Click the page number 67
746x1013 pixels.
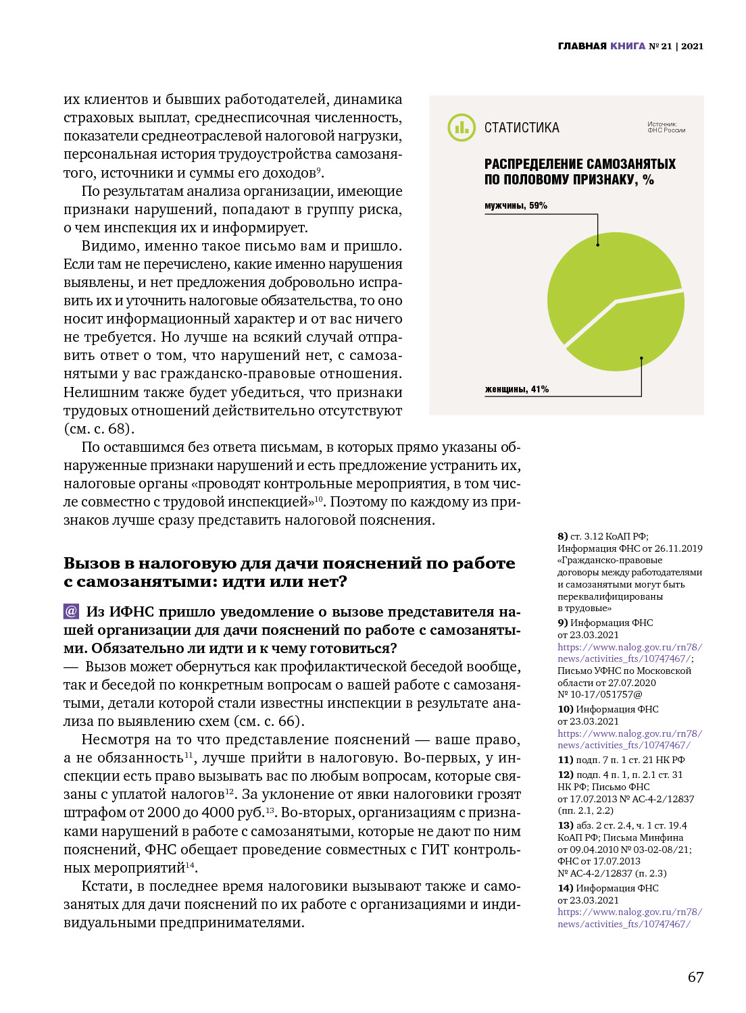[x=695, y=977]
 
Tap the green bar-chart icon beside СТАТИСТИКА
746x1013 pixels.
[x=462, y=127]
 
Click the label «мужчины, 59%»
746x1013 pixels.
[x=516, y=205]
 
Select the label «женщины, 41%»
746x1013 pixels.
[x=516, y=389]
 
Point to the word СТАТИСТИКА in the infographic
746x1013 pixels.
[x=522, y=128]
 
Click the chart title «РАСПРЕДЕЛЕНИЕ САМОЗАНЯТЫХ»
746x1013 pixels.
[x=580, y=164]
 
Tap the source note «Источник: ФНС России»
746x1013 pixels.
[x=666, y=127]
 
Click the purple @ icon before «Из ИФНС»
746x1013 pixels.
[x=71, y=611]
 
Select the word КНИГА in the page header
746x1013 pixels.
[x=628, y=46]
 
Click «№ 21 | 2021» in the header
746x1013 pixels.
[x=676, y=46]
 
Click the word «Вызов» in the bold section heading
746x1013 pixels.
[x=92, y=563]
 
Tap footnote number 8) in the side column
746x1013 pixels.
[x=562, y=536]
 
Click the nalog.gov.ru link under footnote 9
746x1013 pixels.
[x=629, y=653]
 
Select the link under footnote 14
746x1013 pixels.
[x=629, y=918]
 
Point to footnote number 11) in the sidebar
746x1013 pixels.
[x=565, y=760]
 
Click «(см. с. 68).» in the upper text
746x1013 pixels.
[x=99, y=429]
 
